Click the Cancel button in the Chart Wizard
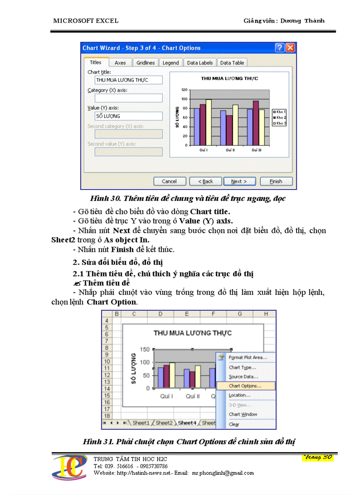pyautogui.click(x=169, y=181)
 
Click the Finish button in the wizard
pyautogui.click(x=276, y=181)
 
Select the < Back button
pyautogui.click(x=205, y=181)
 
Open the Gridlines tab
pyautogui.click(x=145, y=63)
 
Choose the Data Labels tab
pyautogui.click(x=199, y=63)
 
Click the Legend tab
pyautogui.click(x=171, y=63)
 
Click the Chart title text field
pyautogui.click(x=128, y=80)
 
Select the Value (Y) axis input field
pyautogui.click(x=128, y=116)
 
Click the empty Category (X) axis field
pyautogui.click(x=128, y=98)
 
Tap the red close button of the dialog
pyautogui.click(x=289, y=48)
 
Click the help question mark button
pyautogui.click(x=279, y=48)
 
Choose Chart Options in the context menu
pyautogui.click(x=245, y=386)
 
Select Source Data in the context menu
pyautogui.click(x=243, y=376)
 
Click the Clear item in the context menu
pyautogui.click(x=234, y=424)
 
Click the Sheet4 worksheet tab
pyautogui.click(x=187, y=423)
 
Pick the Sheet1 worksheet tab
pyautogui.click(x=141, y=423)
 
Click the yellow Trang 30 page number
pyautogui.click(x=318, y=457)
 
